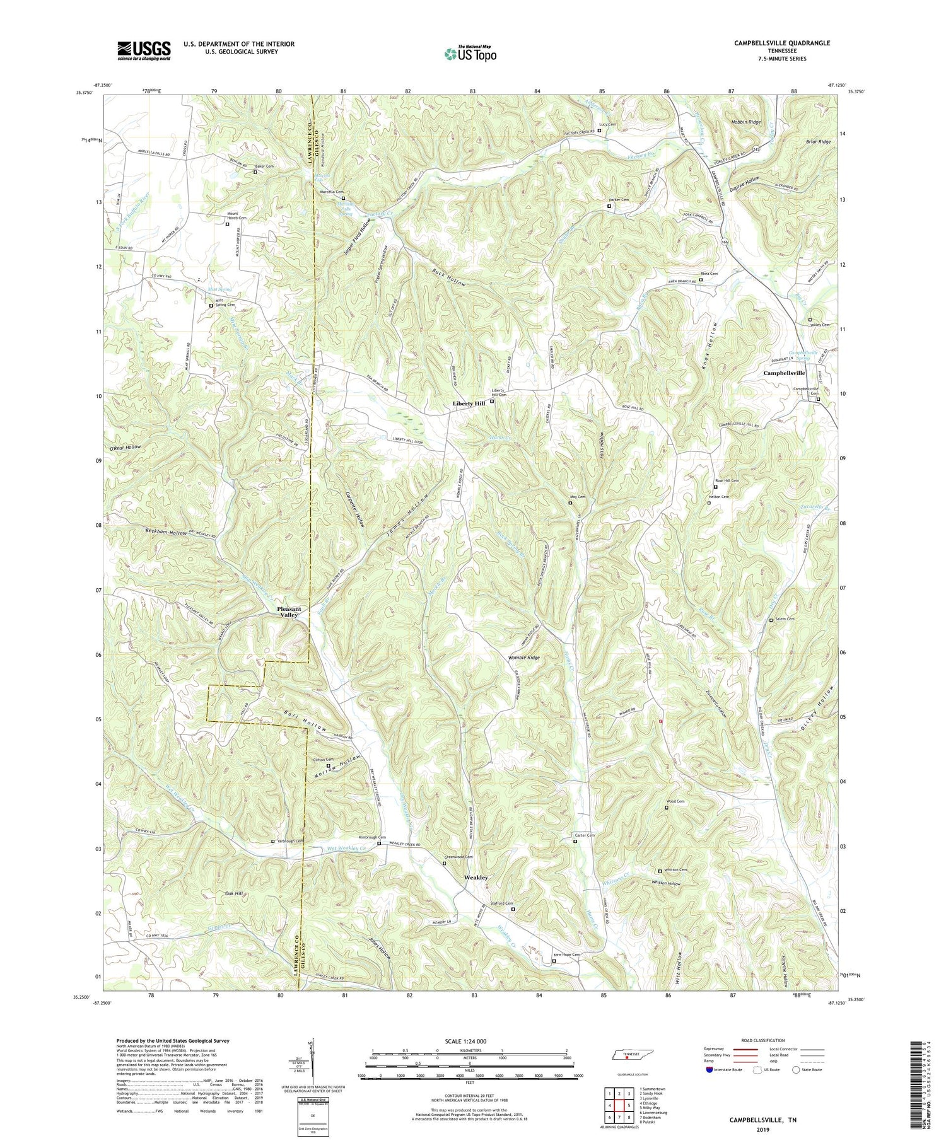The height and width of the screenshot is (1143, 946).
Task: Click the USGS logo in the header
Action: [x=144, y=50]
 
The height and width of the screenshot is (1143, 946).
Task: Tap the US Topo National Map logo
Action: [x=470, y=54]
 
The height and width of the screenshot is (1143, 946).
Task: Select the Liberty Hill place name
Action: [x=469, y=403]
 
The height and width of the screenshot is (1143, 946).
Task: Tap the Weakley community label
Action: [x=476, y=878]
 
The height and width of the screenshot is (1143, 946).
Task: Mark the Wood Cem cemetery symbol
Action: [x=667, y=808]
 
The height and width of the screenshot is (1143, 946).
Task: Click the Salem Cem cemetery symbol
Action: [x=771, y=620]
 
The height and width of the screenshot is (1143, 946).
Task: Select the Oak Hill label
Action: [x=235, y=893]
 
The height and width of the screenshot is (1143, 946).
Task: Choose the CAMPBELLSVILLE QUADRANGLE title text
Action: [x=773, y=43]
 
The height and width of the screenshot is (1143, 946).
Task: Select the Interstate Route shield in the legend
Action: [x=710, y=1069]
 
